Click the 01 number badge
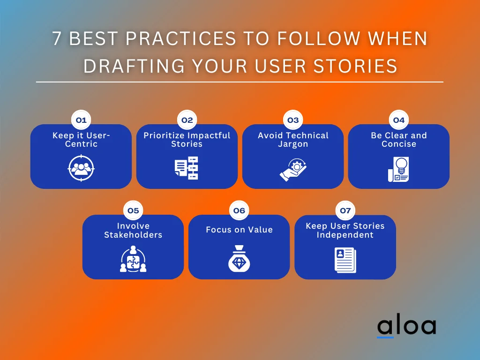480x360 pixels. point(81,120)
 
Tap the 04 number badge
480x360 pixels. point(398,120)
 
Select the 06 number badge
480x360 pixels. point(239,211)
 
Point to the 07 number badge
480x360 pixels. point(345,211)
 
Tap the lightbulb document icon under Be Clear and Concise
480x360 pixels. point(398,169)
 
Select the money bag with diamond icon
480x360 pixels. point(239,259)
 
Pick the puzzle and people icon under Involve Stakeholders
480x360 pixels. point(133,259)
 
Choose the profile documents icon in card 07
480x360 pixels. point(345,260)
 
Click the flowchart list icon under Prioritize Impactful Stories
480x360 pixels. point(187,168)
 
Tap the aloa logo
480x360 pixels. point(406,327)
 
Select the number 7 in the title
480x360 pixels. point(57,39)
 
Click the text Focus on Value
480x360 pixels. point(239,230)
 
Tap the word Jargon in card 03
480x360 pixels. point(292,144)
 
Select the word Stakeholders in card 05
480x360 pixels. point(133,235)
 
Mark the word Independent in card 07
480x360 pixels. point(345,235)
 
